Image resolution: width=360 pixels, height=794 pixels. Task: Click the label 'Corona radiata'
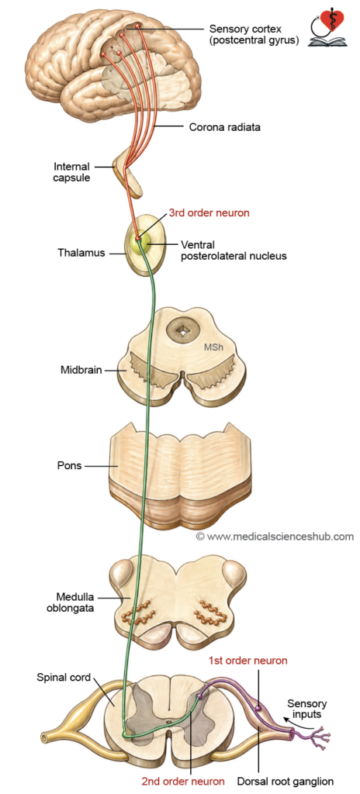coord(225,127)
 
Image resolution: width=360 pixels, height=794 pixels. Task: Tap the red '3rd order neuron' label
coord(209,212)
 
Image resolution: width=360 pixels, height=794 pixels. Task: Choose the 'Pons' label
coord(70,465)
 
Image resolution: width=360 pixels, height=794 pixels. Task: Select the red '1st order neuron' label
coord(248,661)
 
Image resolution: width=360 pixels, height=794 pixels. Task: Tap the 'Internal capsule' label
coord(71,171)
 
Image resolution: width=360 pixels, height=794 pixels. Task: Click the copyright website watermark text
coord(275,536)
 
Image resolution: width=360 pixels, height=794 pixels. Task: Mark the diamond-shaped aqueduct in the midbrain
coord(182,331)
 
